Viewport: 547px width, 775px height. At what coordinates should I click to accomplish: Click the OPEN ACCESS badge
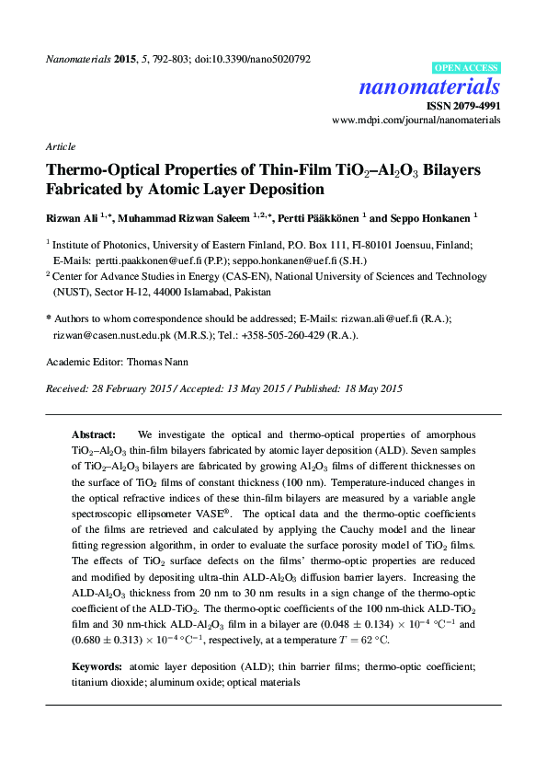click(466, 68)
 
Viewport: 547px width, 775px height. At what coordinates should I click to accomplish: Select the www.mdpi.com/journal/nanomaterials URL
click(416, 121)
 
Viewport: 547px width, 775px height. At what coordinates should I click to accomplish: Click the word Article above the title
click(60, 147)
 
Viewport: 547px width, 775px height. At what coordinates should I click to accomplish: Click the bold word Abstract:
click(93, 434)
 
